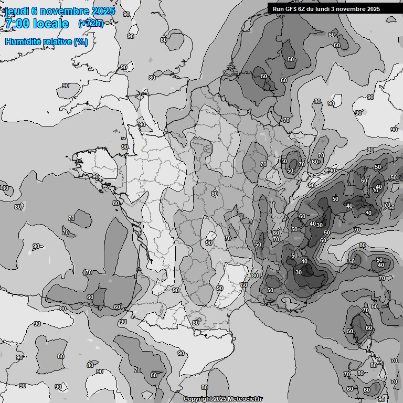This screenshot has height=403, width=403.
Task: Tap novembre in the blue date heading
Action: coord(61,11)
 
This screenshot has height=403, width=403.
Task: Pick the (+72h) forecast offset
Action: coord(90,24)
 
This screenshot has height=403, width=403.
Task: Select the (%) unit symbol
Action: coord(81,41)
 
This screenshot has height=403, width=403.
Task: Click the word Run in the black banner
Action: coord(278,8)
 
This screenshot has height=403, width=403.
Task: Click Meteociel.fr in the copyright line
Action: coord(246,399)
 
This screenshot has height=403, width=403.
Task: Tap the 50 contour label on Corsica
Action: coord(350,332)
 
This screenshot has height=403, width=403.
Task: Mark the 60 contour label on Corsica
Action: coord(369,328)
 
